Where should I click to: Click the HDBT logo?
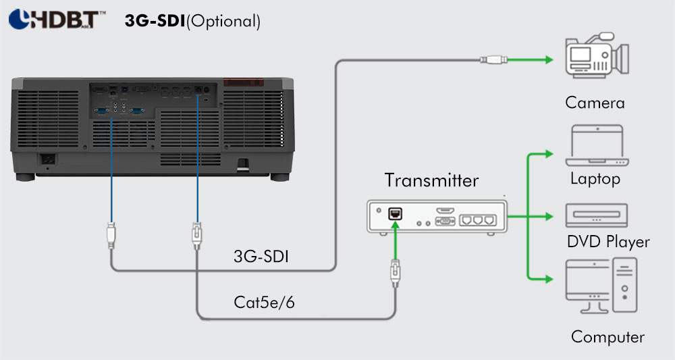click(x=57, y=20)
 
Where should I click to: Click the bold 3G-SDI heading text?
click(x=155, y=21)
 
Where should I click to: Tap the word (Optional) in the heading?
click(x=223, y=21)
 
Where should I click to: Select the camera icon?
click(x=597, y=55)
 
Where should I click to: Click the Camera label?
click(x=595, y=103)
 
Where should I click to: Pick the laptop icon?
click(x=597, y=145)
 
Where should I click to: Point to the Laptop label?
click(x=595, y=178)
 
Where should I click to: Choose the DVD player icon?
click(x=597, y=215)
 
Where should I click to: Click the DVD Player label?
click(x=608, y=242)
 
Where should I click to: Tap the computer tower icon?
click(x=624, y=285)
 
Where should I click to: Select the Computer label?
click(x=607, y=337)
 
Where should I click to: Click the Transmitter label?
click(x=431, y=180)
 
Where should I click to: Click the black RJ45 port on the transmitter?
click(x=395, y=213)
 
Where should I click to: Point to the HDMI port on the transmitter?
click(x=445, y=211)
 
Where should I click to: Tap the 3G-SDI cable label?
click(x=261, y=256)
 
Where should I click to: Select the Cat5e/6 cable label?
click(x=264, y=303)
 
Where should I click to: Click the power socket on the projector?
click(x=47, y=159)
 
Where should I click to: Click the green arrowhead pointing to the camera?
click(x=548, y=60)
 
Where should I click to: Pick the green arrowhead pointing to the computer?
click(x=548, y=279)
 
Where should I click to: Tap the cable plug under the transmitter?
click(x=395, y=273)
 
